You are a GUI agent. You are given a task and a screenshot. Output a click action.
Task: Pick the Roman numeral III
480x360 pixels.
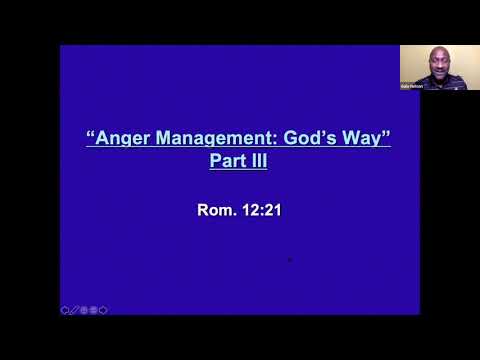[x=259, y=160]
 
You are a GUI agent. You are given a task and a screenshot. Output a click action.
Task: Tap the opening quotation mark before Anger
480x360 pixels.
[x=90, y=136]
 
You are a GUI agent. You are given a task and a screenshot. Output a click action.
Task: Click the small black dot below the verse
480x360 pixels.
[x=289, y=259]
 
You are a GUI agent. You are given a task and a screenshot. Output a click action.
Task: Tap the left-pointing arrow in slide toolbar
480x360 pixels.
[x=65, y=310]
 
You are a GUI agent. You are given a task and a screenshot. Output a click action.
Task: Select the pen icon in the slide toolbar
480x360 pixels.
[x=74, y=310]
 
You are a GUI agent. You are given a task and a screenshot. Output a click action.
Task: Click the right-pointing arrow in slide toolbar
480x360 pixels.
[x=103, y=310]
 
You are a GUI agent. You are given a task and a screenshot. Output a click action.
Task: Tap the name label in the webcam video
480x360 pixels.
[x=411, y=85]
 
